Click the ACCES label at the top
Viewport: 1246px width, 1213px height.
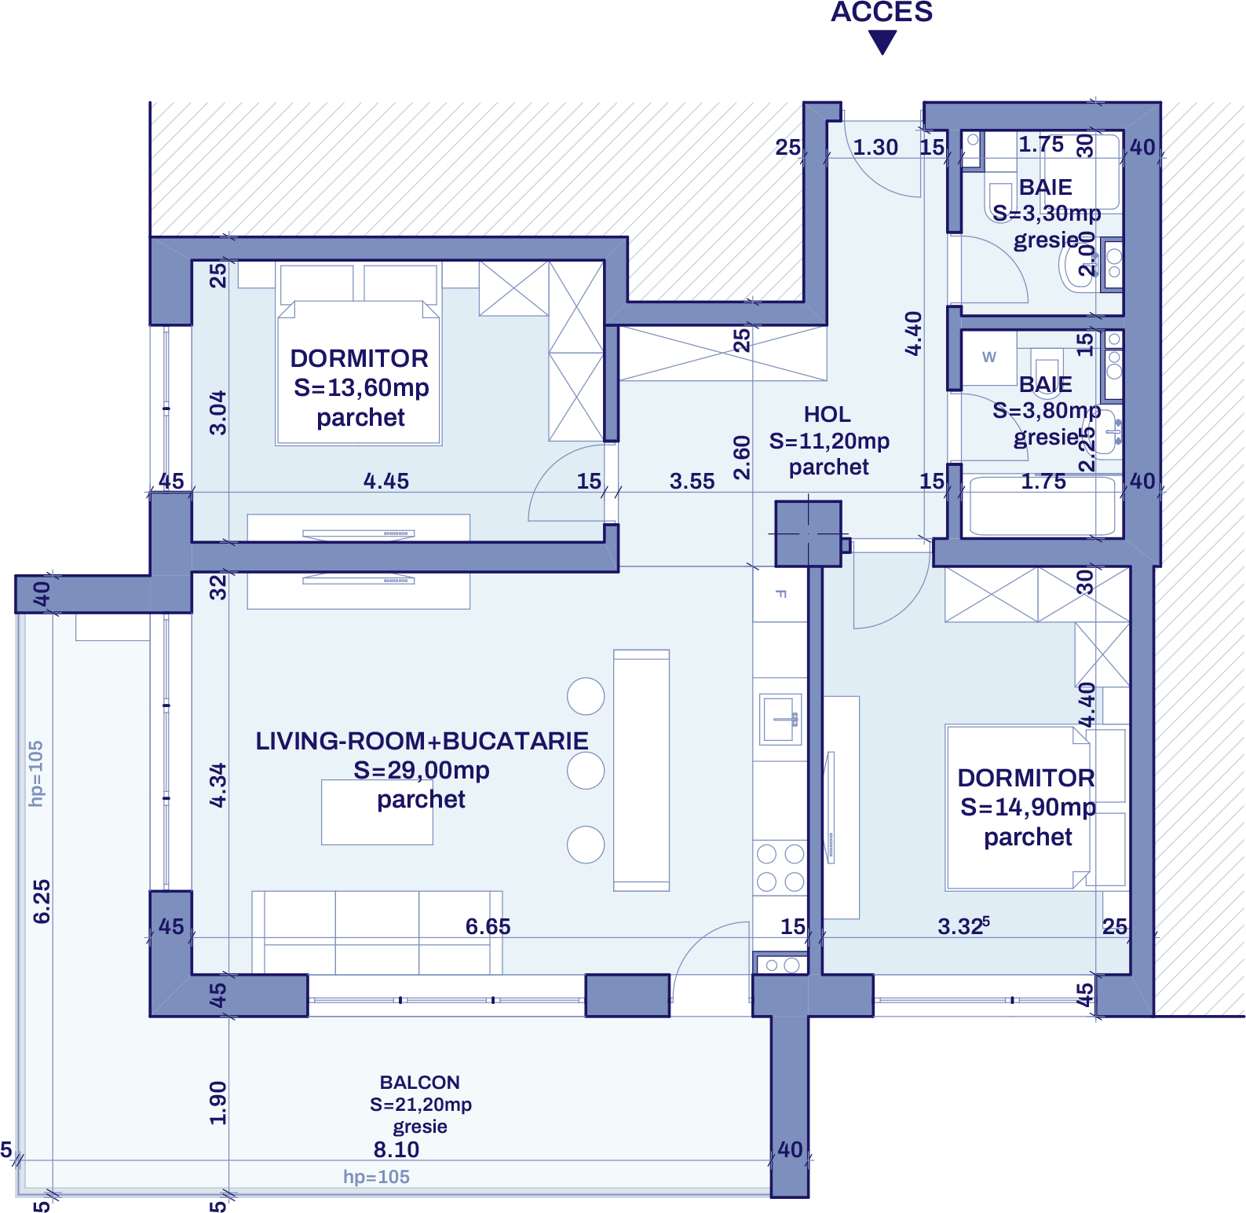pos(882,13)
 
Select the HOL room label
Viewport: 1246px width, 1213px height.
pos(827,414)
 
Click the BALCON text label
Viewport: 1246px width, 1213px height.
pos(420,1083)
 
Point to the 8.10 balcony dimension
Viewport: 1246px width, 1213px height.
pos(396,1149)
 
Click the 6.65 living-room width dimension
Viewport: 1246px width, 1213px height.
pos(488,926)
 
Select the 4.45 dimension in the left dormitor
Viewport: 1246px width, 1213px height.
pos(385,481)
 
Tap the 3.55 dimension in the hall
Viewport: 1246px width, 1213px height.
pos(692,481)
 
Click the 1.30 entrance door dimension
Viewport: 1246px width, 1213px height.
pos(875,147)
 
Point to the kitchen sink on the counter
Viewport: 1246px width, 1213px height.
pos(780,719)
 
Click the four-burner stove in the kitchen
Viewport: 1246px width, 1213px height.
pos(780,867)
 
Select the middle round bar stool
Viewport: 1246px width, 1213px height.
pos(586,770)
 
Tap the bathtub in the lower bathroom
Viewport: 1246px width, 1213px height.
pos(1042,507)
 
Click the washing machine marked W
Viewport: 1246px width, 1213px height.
pos(989,357)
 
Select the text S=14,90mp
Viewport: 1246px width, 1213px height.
pos(1028,807)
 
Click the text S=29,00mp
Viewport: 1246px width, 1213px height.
pos(421,770)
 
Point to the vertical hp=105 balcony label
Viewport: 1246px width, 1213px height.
pos(36,774)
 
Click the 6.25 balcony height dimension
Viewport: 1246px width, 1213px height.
pos(42,901)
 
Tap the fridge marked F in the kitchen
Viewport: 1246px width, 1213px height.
pos(780,595)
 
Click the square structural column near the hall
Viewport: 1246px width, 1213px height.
pos(808,533)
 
